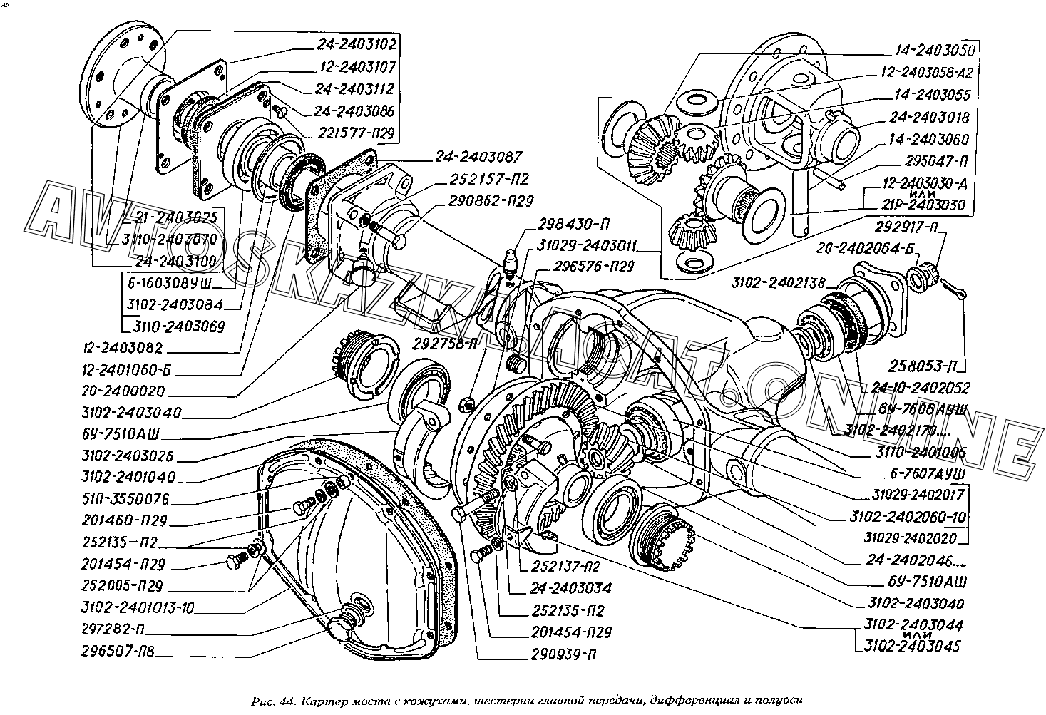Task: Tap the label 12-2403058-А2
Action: [927, 73]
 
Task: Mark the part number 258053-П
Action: [923, 366]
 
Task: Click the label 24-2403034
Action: [570, 589]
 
